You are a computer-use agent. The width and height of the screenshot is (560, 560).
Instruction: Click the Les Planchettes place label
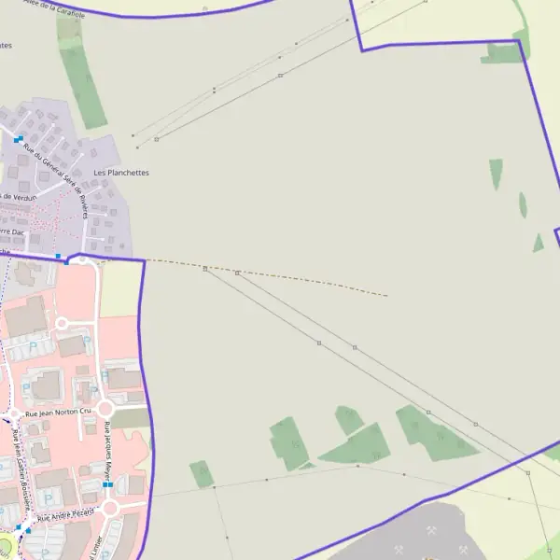[x=121, y=173]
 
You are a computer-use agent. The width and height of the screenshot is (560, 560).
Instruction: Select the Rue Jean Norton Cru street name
[x=59, y=412]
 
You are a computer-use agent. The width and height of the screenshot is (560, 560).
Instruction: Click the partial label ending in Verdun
[x=19, y=196]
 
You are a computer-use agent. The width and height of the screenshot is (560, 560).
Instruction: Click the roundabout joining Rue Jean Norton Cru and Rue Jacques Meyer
[x=105, y=409]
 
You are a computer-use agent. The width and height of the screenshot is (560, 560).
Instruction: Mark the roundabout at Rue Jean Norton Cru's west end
[x=14, y=413]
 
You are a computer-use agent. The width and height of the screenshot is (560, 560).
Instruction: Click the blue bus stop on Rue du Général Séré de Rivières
[x=19, y=140]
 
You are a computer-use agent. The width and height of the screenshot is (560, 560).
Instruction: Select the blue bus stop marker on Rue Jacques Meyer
[x=108, y=485]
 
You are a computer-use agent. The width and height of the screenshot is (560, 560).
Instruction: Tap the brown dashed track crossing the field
[x=280, y=276]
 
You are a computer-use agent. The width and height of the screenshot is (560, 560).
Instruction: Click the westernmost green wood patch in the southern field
[x=202, y=473]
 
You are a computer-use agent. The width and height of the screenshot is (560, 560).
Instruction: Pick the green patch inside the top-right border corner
[x=504, y=53]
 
